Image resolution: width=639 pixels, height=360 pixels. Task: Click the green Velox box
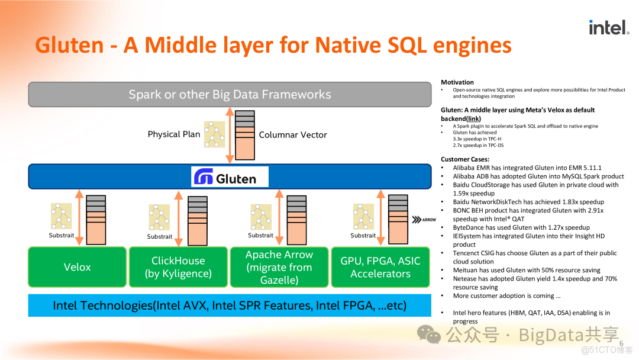78,267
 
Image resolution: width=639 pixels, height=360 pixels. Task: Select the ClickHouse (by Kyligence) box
178,267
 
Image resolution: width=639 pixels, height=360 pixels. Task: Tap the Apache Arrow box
279,267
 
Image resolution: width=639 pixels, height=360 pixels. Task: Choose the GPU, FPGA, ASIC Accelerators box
380,267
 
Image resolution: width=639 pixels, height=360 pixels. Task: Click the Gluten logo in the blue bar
230,177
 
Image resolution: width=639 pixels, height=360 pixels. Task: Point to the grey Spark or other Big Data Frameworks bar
230,94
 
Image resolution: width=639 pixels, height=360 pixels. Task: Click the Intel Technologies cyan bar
230,306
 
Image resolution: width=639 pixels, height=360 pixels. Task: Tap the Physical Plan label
174,134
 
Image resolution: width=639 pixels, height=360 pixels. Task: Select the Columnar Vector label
293,135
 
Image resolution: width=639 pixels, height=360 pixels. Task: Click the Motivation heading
457,82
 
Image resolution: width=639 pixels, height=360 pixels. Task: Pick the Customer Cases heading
465,159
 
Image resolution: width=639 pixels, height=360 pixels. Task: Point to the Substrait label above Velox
62,236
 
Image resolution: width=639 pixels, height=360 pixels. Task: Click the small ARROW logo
424,220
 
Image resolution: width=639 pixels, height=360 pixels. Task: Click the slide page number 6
621,344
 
